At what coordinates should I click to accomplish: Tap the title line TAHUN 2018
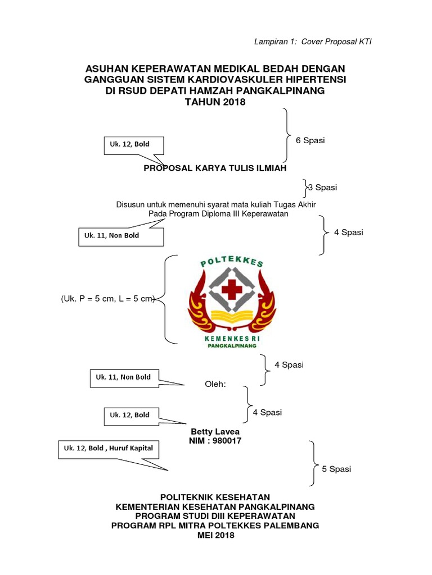point(215,102)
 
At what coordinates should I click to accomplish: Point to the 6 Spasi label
point(310,140)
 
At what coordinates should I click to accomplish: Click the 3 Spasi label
point(322,187)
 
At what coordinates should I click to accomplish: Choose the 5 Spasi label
point(336,469)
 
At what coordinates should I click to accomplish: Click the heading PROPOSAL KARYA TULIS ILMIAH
point(215,168)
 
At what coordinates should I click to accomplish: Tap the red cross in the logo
point(229,290)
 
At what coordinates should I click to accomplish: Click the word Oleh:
point(214,384)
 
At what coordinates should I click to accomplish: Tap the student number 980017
point(227,441)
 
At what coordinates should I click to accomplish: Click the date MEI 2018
point(215,535)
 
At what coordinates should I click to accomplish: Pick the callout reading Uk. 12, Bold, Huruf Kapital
point(109,448)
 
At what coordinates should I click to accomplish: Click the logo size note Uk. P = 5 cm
point(90,299)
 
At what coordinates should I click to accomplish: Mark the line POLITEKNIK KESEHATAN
point(215,497)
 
